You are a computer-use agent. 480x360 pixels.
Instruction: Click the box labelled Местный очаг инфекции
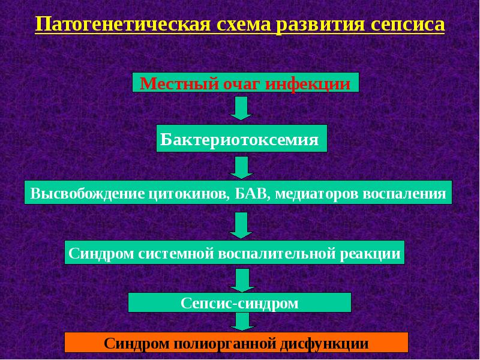pos(245,83)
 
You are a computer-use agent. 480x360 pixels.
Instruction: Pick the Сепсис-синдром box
pos(239,303)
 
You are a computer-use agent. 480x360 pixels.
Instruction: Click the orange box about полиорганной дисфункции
pos(236,343)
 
